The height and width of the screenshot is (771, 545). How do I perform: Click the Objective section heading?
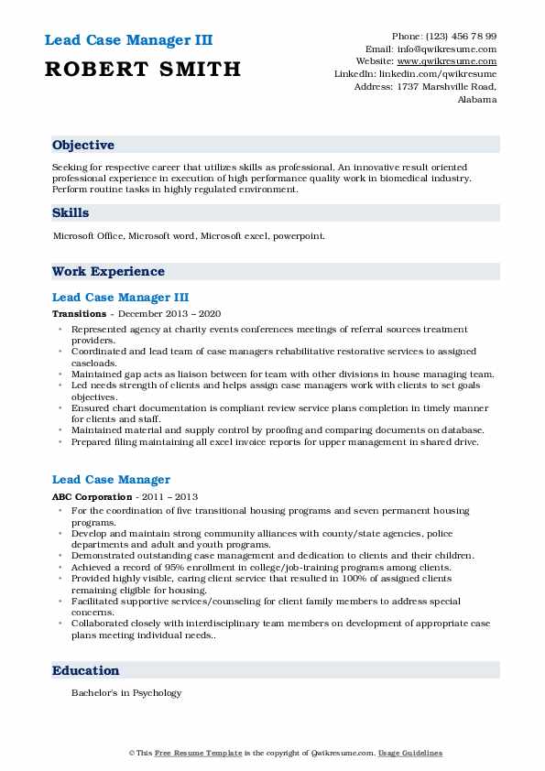(x=83, y=146)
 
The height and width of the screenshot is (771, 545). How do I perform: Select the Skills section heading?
(x=71, y=212)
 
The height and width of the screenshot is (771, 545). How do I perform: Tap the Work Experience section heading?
(x=108, y=271)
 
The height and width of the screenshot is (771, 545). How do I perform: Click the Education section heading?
(x=85, y=670)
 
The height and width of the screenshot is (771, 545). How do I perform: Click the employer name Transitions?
(x=80, y=313)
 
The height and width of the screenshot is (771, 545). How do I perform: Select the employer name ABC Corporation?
(x=91, y=495)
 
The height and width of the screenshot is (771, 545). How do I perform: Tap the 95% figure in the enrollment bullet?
(x=173, y=567)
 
